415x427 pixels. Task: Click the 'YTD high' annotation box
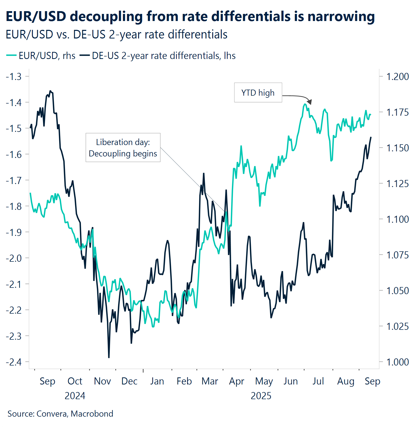tap(258, 93)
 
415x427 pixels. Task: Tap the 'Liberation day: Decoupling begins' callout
tap(123, 148)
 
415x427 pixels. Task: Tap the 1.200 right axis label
tap(397, 76)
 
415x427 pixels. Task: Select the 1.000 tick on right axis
tap(397, 362)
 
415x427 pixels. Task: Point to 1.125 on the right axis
tap(397, 184)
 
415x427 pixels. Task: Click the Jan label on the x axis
tap(157, 381)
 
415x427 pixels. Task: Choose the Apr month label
tap(236, 381)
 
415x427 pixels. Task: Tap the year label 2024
tap(75, 396)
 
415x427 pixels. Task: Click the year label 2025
tap(261, 396)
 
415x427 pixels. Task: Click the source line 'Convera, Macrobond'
tap(75, 414)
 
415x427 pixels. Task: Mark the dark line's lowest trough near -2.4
tap(109, 357)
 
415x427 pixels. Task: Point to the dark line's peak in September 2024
tap(50, 91)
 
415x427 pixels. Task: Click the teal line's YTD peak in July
tap(305, 104)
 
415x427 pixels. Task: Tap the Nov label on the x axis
tap(102, 381)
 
